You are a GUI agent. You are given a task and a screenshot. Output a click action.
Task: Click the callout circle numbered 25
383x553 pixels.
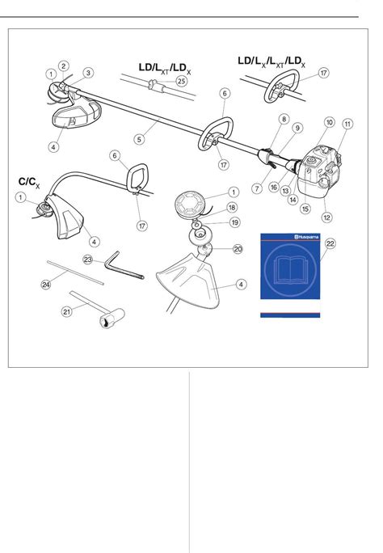[181, 81]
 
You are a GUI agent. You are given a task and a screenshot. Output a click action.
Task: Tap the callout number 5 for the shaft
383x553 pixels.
[139, 139]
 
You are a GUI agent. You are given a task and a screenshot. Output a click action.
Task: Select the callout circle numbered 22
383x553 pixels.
[330, 243]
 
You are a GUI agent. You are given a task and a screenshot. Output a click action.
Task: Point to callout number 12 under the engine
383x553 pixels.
[327, 217]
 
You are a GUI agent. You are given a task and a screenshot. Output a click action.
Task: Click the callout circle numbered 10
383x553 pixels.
[329, 122]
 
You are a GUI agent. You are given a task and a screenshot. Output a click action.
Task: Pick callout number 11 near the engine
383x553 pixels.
[347, 124]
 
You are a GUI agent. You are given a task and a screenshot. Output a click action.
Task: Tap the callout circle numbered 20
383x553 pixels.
[238, 249]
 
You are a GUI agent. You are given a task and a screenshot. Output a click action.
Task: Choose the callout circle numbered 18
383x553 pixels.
[231, 207]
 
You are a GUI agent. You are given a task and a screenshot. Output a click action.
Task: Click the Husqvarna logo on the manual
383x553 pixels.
[306, 237]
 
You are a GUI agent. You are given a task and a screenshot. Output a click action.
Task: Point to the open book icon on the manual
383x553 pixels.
[290, 270]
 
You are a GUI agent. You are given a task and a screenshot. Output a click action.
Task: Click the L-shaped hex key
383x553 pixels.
[124, 265]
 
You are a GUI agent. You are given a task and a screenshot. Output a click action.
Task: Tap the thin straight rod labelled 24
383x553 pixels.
[75, 272]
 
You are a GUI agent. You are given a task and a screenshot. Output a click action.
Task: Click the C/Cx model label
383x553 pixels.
[29, 183]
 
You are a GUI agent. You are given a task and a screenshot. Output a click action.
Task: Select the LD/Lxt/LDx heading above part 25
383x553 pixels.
[165, 68]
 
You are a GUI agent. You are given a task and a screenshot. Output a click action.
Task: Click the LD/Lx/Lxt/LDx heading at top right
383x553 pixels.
[271, 61]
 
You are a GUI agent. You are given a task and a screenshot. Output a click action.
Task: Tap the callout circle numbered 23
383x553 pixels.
[88, 260]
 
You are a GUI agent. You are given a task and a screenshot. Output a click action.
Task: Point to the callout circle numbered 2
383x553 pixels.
[63, 66]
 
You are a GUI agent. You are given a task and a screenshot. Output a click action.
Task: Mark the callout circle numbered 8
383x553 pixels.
[284, 119]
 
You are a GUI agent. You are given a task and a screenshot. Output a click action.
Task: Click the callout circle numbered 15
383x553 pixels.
[305, 209]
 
